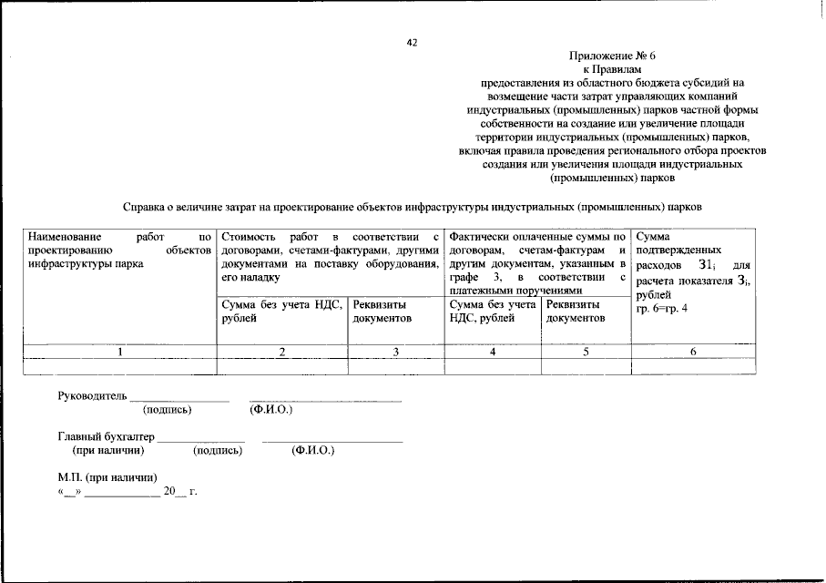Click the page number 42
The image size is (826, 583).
[x=412, y=42]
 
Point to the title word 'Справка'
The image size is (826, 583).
[x=149, y=207]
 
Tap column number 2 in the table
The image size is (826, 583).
[x=282, y=352]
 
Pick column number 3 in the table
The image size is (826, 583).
[x=395, y=352]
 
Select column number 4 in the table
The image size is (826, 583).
[x=493, y=352]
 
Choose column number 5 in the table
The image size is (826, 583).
[x=586, y=352]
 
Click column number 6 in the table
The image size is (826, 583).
[x=693, y=352]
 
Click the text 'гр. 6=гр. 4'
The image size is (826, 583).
[x=662, y=309]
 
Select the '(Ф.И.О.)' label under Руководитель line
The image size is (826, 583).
[x=270, y=410]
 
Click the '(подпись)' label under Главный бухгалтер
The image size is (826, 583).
[x=218, y=451]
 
